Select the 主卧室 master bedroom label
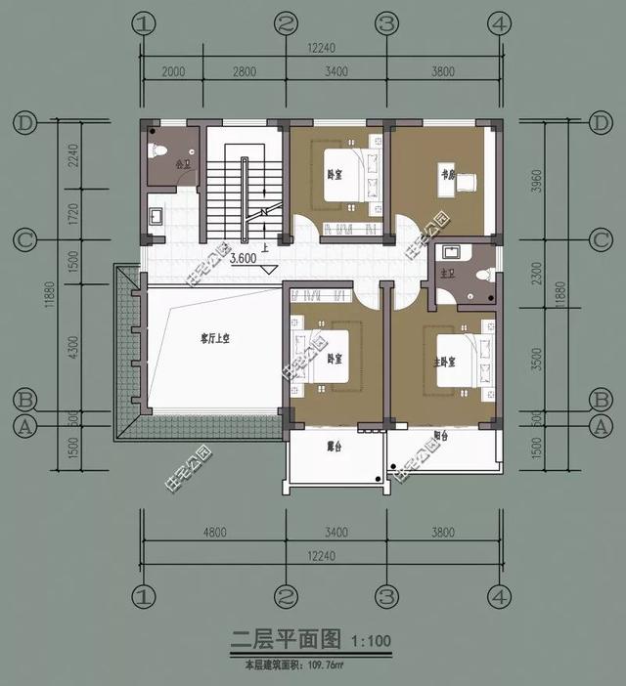446,363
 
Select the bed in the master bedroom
473,366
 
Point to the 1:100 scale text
369,642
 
